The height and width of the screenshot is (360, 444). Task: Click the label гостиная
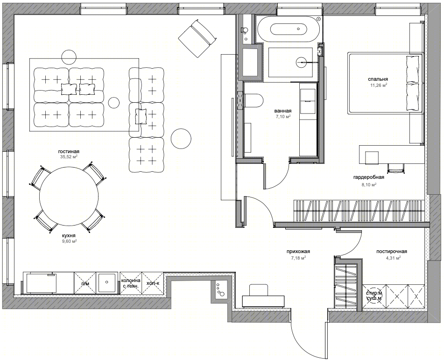(69, 151)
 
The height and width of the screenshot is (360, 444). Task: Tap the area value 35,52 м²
(69, 156)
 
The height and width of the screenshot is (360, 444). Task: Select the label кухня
(69, 236)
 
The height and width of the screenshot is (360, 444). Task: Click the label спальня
(378, 79)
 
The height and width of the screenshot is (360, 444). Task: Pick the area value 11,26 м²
(379, 85)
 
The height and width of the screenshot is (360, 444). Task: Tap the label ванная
(282, 111)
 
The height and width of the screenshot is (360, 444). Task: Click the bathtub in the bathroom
(289, 29)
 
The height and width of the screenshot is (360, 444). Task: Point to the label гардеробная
(369, 177)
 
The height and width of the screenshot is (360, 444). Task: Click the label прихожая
(298, 252)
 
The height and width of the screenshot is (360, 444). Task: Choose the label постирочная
(392, 252)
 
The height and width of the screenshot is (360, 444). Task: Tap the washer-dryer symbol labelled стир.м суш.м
(374, 296)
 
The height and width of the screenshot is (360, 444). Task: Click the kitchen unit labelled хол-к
(153, 283)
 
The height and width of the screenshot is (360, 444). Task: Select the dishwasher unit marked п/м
(85, 283)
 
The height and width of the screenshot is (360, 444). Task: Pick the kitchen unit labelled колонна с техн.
(131, 283)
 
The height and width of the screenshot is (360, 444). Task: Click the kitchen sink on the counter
(107, 282)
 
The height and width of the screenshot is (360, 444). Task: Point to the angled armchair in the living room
(197, 38)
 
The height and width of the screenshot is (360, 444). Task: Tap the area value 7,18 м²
(298, 258)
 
